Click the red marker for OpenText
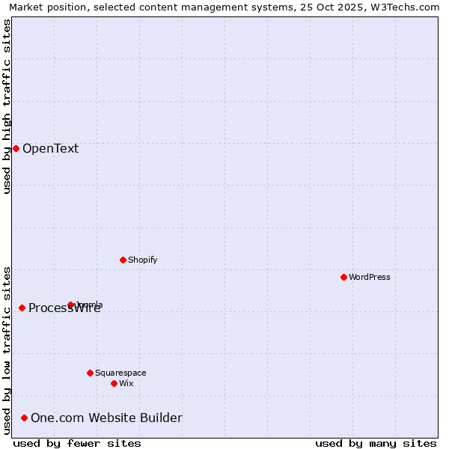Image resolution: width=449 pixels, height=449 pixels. [16, 148]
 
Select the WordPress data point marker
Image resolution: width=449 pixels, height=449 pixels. [343, 277]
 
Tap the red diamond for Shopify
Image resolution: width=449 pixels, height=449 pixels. [123, 260]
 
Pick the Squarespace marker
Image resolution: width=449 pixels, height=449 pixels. [90, 373]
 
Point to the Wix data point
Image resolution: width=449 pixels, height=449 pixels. [114, 383]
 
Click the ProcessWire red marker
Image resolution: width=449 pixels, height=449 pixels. [22, 308]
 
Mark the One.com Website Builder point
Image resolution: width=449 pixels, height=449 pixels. [25, 418]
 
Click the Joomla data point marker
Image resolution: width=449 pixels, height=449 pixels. [70, 305]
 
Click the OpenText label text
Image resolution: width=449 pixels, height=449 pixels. [50, 148]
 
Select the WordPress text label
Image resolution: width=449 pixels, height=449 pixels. [369, 277]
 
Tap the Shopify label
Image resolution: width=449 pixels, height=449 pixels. [142, 260]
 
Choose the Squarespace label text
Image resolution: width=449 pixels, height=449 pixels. [120, 373]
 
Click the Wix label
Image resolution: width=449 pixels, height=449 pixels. [126, 383]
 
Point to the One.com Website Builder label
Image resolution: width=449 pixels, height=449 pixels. [106, 418]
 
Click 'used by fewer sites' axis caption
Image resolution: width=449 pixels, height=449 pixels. [77, 443]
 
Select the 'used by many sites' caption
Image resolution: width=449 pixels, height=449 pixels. [376, 443]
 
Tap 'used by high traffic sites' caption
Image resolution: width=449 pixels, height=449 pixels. [7, 106]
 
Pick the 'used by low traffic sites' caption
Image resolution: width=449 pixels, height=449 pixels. [7, 350]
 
